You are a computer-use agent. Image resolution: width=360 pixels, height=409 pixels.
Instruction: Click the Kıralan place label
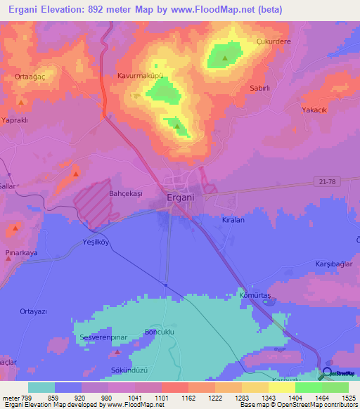coord(233,220)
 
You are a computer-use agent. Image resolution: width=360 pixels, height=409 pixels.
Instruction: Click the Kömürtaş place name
coord(255,296)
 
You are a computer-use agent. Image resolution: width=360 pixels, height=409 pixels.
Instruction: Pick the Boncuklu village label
coord(159,331)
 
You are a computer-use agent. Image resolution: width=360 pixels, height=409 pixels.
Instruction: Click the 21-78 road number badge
coord(326,182)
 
